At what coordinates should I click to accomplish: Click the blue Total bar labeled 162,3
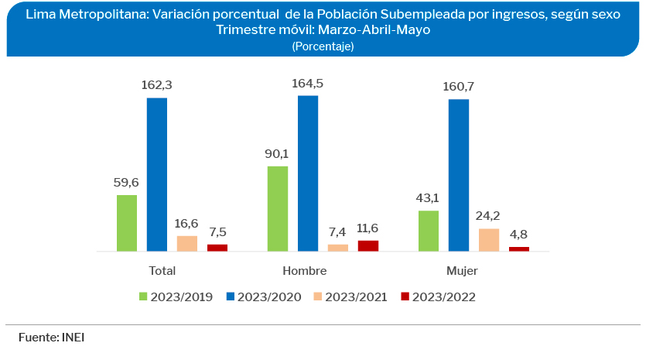157,174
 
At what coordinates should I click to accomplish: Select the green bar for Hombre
278,209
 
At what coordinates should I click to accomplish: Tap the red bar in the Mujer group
518,249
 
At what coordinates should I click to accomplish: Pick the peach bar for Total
187,243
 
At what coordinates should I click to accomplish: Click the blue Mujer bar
458,175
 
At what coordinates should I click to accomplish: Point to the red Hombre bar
368,245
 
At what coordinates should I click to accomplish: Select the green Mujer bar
429,231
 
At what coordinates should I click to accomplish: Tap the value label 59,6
127,183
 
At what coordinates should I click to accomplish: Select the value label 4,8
518,235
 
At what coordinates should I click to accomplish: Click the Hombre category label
304,271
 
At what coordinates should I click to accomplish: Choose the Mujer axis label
462,271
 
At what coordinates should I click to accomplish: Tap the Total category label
162,271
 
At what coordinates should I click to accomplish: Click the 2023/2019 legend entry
177,297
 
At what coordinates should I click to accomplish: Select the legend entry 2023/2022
438,297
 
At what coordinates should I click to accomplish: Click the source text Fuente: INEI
51,338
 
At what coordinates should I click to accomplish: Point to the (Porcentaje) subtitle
323,46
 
